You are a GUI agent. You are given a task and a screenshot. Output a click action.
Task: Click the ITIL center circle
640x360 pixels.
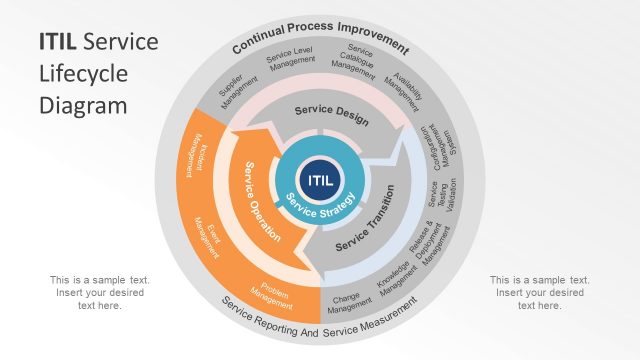[321, 180]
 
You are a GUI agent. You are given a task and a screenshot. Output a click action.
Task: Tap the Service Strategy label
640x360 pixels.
[318, 208]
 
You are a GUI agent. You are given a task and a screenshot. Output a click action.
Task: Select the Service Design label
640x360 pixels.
[331, 115]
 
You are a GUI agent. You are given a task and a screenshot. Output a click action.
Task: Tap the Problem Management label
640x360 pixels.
[270, 292]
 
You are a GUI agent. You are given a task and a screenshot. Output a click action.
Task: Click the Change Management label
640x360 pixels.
[344, 302]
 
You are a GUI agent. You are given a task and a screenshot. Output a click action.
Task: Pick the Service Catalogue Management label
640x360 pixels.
[359, 62]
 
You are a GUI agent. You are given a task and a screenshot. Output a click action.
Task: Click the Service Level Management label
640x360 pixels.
[291, 61]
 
